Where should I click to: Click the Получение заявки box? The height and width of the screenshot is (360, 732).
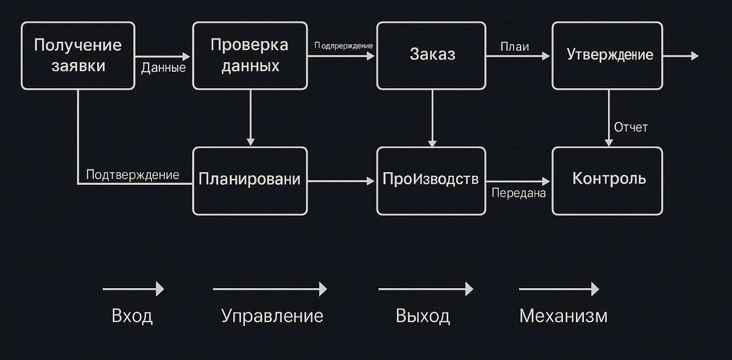point(78,55)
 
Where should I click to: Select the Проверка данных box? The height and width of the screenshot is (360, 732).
point(250,55)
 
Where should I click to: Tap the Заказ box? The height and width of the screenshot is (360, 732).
point(431,55)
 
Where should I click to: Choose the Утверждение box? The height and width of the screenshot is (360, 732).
point(607,55)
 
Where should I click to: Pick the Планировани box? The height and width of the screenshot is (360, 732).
point(250,180)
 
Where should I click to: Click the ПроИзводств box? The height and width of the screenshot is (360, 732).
point(431,180)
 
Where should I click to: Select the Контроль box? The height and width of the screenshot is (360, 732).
point(607,180)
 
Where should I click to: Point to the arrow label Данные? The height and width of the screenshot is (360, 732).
point(163,68)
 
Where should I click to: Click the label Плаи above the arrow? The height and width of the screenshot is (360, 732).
point(514,46)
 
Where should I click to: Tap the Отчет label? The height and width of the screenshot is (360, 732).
point(631,127)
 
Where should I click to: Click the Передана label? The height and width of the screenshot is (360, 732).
point(518,193)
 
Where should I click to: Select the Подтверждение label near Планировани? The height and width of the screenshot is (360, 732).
point(132,175)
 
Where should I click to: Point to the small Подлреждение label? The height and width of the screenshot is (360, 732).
point(344,45)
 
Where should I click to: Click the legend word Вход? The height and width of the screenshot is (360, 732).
point(132,315)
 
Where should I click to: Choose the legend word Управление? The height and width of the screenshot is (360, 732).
point(272,315)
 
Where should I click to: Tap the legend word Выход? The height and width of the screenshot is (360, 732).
point(423,315)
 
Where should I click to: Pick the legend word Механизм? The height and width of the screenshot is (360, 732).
point(563,315)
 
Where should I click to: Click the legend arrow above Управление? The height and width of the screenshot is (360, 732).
point(270,289)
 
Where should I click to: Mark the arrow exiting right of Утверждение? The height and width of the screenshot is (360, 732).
point(681,56)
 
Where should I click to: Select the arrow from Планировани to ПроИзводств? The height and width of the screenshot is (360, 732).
point(341,181)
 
